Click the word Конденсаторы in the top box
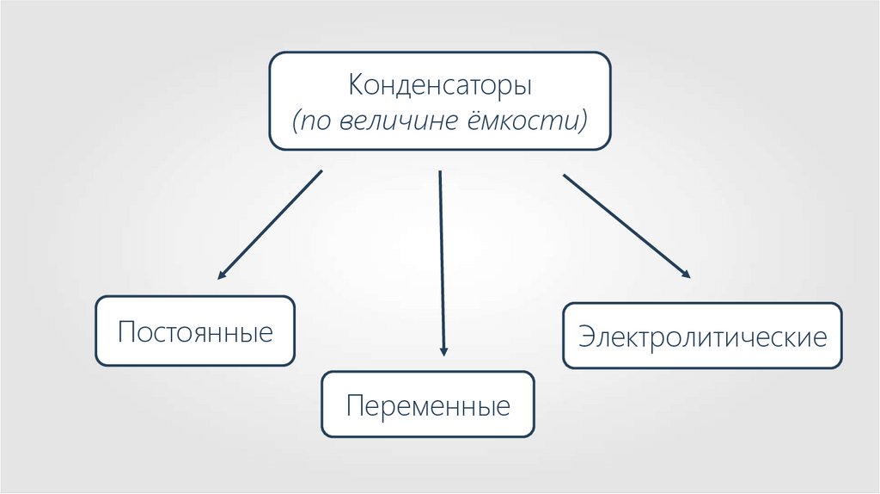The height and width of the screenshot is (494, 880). (440, 87)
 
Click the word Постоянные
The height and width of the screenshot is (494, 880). (195, 332)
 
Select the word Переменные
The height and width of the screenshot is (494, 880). (428, 405)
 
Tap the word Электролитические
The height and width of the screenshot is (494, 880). (702, 336)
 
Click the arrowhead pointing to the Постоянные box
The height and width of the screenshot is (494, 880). (221, 276)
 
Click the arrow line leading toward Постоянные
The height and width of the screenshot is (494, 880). (271, 224)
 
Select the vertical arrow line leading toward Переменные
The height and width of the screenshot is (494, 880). (442, 258)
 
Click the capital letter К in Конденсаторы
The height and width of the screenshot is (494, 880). (354, 87)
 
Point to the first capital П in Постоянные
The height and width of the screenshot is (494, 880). (125, 332)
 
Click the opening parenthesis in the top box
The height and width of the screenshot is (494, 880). (296, 120)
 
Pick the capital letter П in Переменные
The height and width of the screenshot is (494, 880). (353, 405)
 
